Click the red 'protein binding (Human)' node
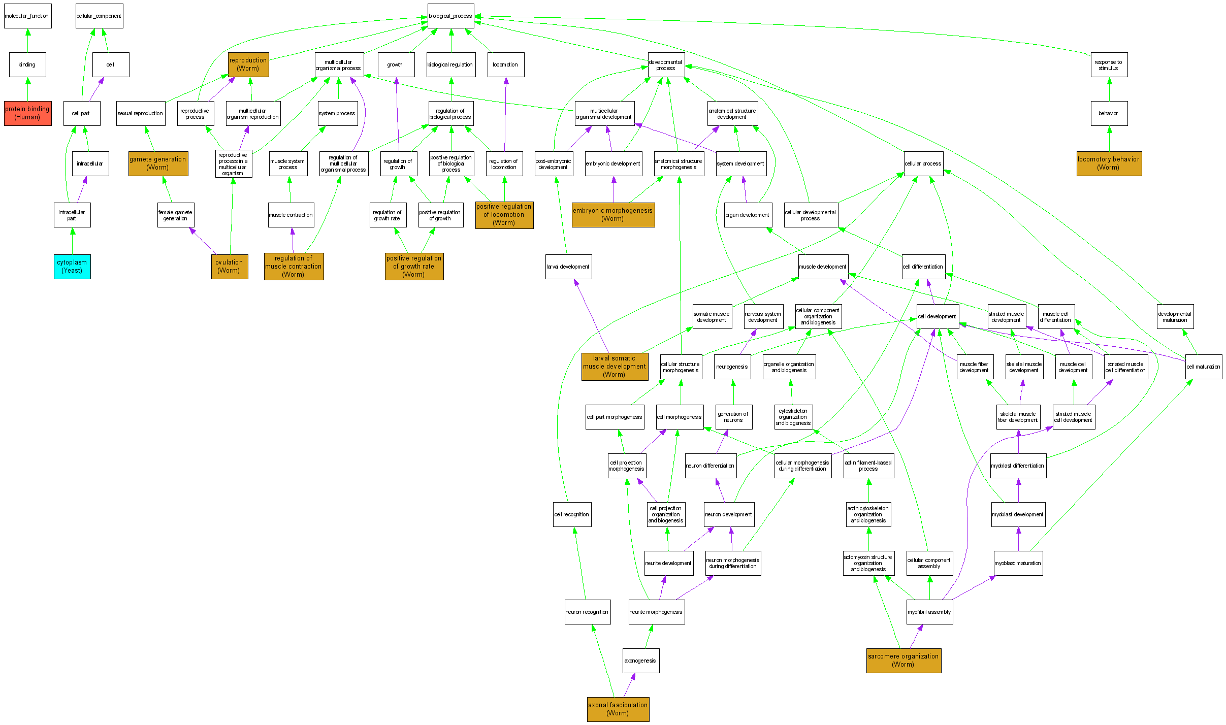tap(27, 113)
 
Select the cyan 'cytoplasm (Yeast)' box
tap(72, 267)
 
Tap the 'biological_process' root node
tap(450, 16)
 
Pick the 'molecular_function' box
tap(27, 16)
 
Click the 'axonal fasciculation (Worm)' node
tap(618, 709)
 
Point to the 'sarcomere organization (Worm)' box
tap(904, 661)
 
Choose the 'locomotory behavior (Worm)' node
tap(1109, 163)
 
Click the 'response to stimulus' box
tap(1109, 65)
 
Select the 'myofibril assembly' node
tap(929, 612)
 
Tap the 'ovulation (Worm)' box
tap(230, 267)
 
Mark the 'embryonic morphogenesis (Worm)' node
tap(613, 215)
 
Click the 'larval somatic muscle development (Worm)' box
tap(615, 367)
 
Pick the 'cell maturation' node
tap(1203, 367)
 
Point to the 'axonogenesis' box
tap(640, 661)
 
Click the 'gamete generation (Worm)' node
tap(158, 163)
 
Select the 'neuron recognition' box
tap(587, 612)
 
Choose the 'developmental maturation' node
tap(1175, 317)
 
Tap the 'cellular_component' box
tap(99, 16)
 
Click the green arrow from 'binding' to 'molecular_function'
tap(28, 41)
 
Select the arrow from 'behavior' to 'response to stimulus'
tap(1109, 89)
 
